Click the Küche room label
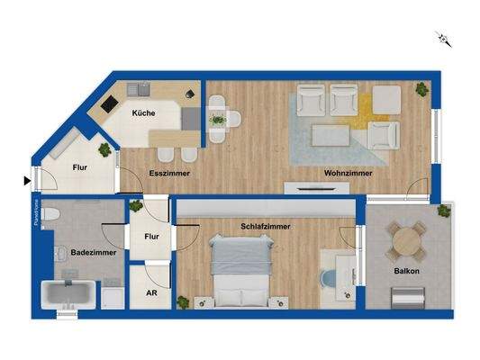click(143, 113)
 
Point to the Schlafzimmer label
click(266, 227)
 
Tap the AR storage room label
click(149, 292)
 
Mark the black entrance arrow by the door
click(26, 181)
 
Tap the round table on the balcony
click(408, 239)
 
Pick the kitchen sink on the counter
click(140, 89)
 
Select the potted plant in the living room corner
click(421, 88)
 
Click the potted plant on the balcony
click(443, 212)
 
